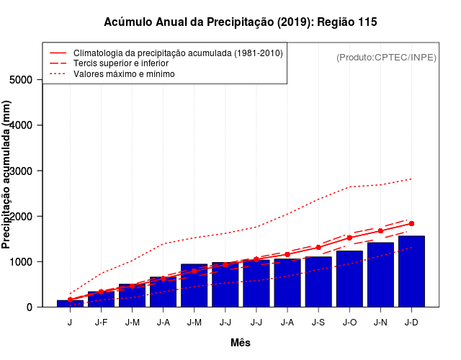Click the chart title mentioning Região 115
coord(240,22)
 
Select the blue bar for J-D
coord(411,271)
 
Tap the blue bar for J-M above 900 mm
coord(194,285)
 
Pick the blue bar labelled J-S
coord(318,282)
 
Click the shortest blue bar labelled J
coord(70,303)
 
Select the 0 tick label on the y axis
coord(30,307)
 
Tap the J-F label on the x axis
coord(101,322)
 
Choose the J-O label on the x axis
coord(349,322)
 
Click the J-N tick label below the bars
coord(380,322)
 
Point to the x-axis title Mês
coord(241,343)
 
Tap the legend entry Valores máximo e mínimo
coord(124,73)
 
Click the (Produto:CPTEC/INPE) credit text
coord(386,58)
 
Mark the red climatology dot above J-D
coord(411,223)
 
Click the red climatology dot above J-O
coord(349,238)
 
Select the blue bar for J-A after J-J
coord(287,283)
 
